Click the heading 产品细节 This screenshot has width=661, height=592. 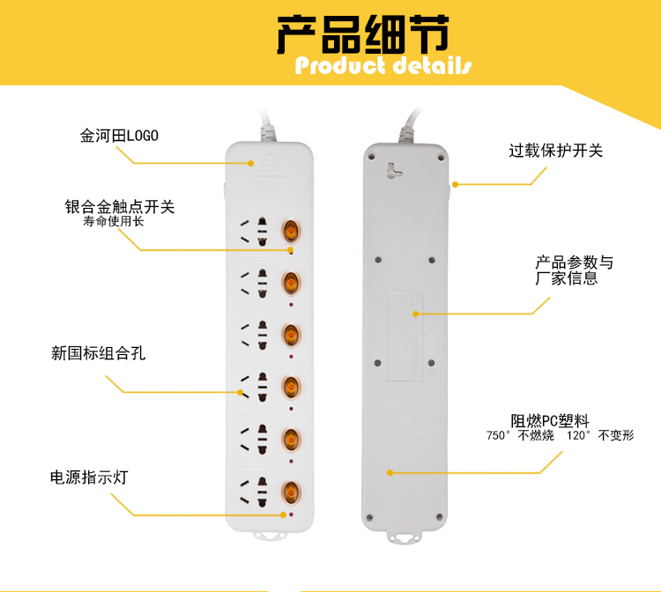[362, 35]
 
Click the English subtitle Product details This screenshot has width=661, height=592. [383, 66]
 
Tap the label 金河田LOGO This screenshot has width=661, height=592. [119, 137]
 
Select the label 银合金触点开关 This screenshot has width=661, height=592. [120, 207]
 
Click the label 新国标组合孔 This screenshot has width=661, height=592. [98, 354]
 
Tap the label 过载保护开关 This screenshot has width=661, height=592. [555, 151]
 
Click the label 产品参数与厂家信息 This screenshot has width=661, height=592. [574, 270]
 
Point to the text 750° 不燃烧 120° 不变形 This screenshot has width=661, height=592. [560, 436]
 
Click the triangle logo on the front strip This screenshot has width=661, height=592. [270, 161]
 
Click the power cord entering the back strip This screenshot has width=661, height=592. [409, 128]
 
